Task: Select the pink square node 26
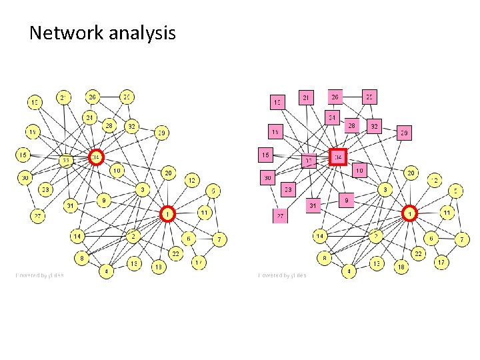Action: point(335,97)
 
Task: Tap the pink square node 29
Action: point(404,133)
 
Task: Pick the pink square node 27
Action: point(280,216)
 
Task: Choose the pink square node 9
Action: point(346,199)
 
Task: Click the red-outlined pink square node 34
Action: point(339,157)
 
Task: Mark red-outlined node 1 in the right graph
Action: point(411,213)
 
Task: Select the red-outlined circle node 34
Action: point(97,157)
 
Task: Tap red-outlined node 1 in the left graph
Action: point(169,213)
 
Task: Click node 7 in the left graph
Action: point(220,238)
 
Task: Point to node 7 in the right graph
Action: point(463,238)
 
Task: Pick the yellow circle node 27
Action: point(38,216)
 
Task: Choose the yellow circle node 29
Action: point(162,133)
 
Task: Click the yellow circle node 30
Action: point(25,177)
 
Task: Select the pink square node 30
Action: point(267,177)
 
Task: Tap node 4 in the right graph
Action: point(348,271)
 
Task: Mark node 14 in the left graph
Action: point(77,235)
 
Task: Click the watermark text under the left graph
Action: point(40,275)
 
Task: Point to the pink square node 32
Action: point(374,125)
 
